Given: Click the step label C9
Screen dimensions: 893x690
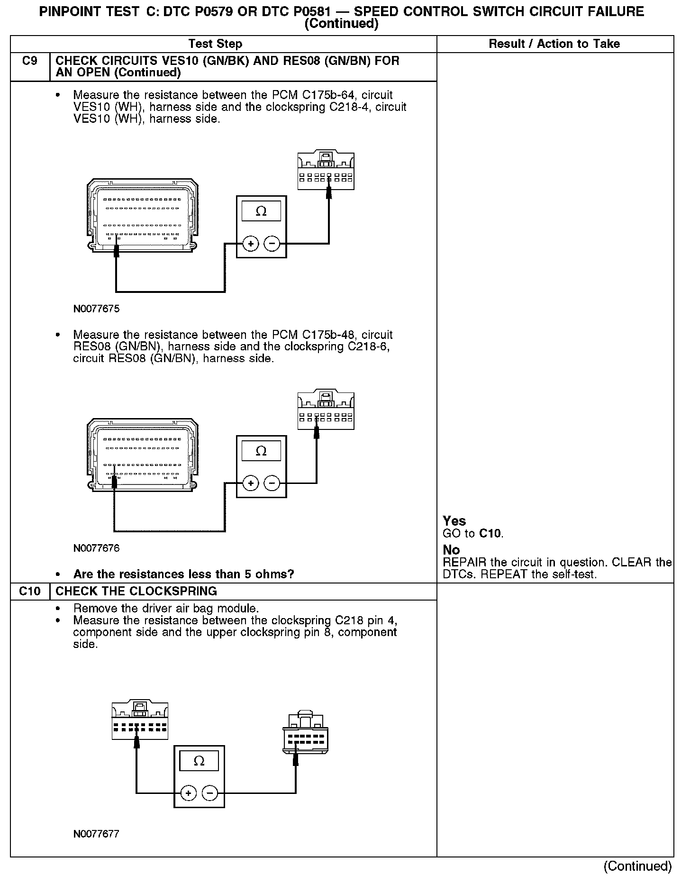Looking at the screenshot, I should click(x=29, y=61).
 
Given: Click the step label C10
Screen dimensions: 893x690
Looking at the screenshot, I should click(x=29, y=591).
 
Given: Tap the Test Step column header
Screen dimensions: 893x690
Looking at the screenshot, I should click(x=215, y=44).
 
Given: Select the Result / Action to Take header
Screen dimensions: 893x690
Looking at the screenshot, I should click(x=554, y=44).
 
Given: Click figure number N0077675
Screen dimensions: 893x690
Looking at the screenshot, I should click(x=96, y=309).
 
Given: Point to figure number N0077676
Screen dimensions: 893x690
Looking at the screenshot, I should click(x=96, y=548).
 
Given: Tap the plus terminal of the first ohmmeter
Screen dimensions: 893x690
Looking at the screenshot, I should click(x=250, y=244).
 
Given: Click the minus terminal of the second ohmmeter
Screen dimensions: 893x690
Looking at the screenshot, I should click(x=272, y=483).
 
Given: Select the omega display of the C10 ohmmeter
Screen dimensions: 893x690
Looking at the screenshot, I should click(x=199, y=761).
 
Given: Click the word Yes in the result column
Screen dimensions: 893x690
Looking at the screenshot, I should click(x=454, y=521).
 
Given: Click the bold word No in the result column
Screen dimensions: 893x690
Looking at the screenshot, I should click(x=451, y=550).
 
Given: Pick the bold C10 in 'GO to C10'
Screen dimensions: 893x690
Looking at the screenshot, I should click(x=490, y=534).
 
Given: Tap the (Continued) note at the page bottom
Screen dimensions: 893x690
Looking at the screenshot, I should click(x=637, y=866).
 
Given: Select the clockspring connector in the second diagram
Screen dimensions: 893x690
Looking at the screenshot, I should click(x=326, y=410).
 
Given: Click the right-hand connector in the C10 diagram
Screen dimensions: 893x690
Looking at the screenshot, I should click(x=305, y=733).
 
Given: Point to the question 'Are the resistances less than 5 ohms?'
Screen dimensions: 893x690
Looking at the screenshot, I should click(x=183, y=574).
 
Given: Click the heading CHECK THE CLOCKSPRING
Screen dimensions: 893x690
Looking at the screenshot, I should click(x=136, y=591).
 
